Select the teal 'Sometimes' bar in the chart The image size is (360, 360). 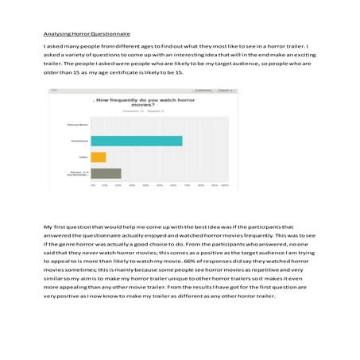[x=136, y=141]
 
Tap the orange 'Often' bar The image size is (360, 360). [x=99, y=157]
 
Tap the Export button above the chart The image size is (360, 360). [x=225, y=91]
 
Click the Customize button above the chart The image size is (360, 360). [x=202, y=91]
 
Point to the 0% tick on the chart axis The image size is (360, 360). [x=93, y=185]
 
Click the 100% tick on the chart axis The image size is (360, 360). [x=224, y=185]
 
